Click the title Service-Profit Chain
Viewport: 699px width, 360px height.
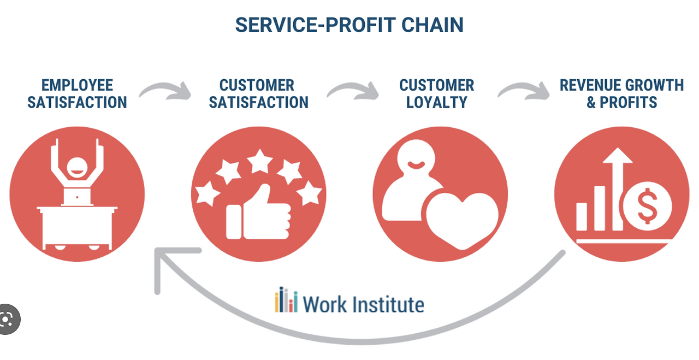349,25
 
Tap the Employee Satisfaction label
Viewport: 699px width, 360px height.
77,93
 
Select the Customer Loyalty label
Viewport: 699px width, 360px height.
436,93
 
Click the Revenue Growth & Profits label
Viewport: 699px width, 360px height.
621,93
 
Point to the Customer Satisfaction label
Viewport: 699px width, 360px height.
258,93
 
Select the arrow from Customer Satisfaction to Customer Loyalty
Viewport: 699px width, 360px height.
353,90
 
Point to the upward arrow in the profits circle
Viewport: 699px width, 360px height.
618,180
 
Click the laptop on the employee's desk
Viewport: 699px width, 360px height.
77,194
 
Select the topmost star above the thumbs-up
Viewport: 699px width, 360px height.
260,162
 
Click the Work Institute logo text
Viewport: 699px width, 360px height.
363,303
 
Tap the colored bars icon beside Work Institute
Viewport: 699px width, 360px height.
286,300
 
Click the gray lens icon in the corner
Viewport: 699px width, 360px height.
8,319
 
